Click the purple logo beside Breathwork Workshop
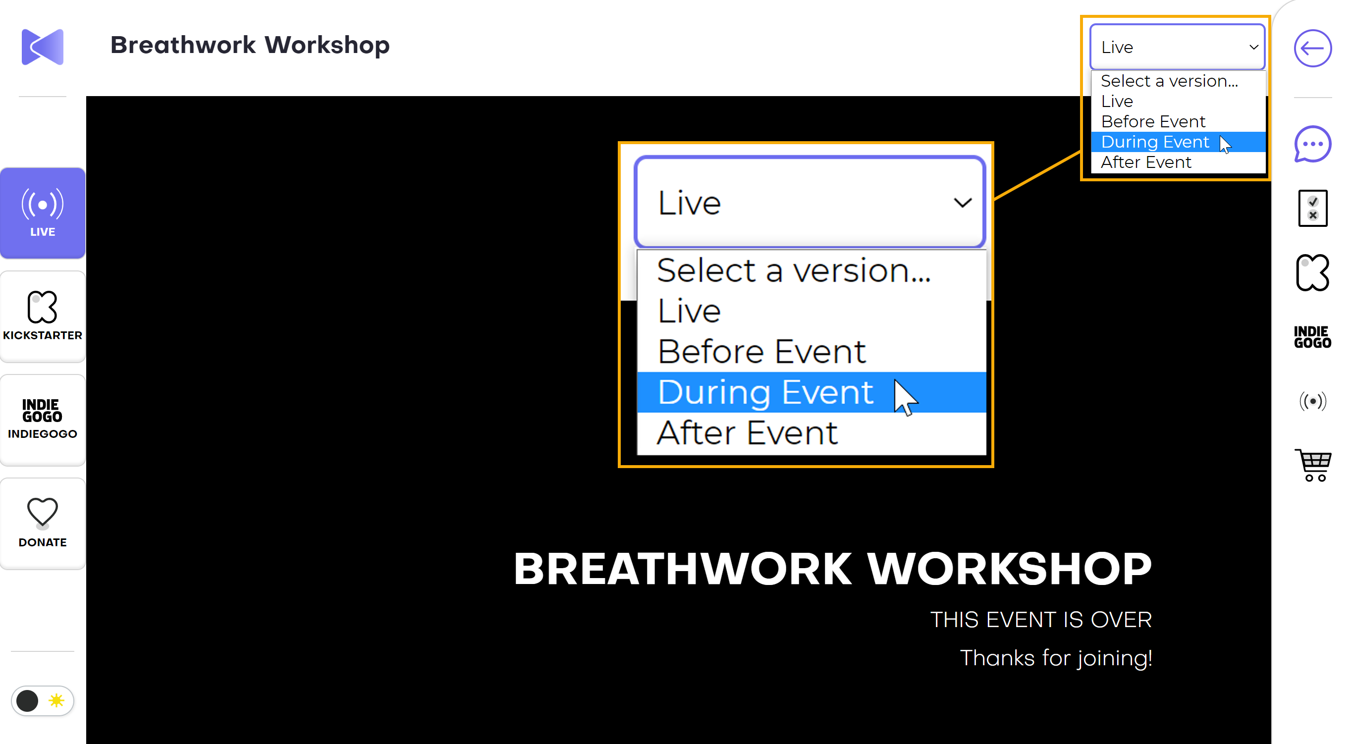pos(43,47)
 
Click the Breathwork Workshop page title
pos(250,45)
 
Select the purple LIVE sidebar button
pos(43,213)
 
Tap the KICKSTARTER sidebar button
pos(43,317)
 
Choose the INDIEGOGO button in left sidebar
pos(43,420)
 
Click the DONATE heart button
pos(43,523)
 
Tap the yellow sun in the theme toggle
pos(56,700)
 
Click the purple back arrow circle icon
pos(1313,48)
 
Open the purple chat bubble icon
pos(1313,144)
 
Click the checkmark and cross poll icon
pos(1313,209)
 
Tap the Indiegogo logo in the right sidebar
pos(1313,337)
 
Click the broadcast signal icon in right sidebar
pos(1313,401)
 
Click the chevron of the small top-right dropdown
pos(1254,47)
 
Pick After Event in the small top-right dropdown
pos(1146,162)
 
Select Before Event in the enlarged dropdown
pos(761,352)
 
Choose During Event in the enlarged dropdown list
pos(765,392)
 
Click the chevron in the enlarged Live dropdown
pos(963,203)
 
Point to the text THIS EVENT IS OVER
pos(1041,620)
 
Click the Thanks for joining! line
pos(1056,658)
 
